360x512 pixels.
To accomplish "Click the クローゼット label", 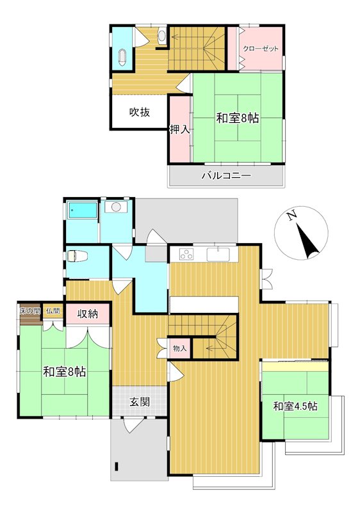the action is (x=260, y=49).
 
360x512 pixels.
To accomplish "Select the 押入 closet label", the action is (x=179, y=130).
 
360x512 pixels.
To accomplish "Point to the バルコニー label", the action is (x=226, y=175).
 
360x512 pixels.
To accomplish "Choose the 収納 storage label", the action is (x=88, y=314).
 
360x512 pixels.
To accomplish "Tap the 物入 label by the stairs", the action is (x=179, y=348).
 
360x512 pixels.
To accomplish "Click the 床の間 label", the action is (x=29, y=310).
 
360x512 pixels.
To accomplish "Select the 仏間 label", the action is (x=53, y=310).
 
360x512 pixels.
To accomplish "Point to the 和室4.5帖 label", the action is (x=295, y=406).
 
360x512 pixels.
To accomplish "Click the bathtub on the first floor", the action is (x=83, y=211).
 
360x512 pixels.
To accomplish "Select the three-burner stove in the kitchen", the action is (x=186, y=253).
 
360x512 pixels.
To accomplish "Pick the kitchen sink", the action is (x=218, y=254).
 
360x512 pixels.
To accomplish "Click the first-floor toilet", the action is (x=77, y=255).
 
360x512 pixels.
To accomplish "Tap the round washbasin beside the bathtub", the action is (x=117, y=207).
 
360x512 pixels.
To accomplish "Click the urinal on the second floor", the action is (x=162, y=35).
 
